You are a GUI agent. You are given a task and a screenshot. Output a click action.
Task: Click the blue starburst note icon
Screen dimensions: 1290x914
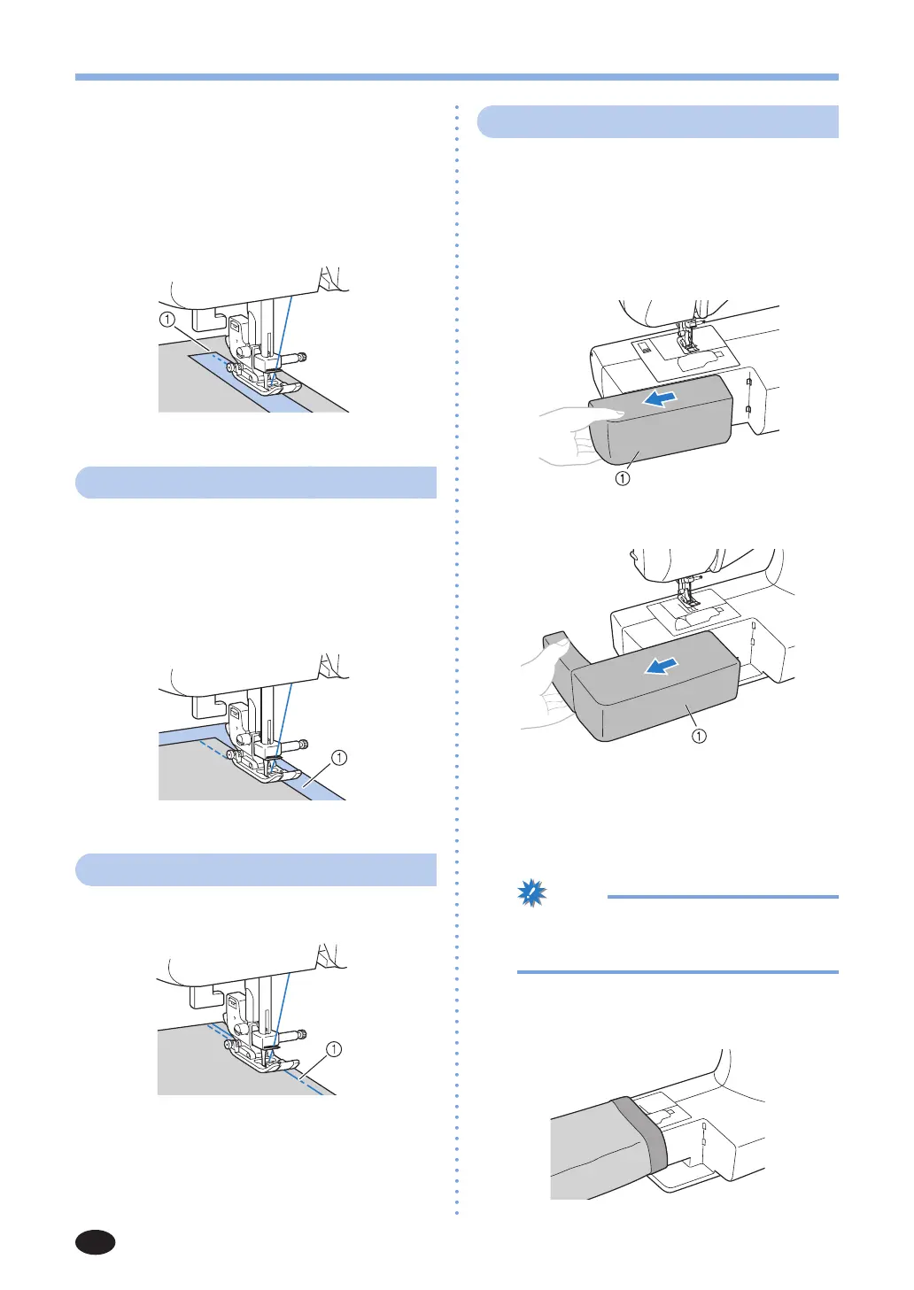point(532,894)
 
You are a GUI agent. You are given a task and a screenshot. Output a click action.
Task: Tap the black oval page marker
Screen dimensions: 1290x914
point(96,1242)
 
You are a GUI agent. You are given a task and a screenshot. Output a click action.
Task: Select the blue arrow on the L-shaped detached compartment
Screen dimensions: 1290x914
point(664,665)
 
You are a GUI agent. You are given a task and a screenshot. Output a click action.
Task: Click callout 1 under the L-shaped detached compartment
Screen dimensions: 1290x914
point(699,736)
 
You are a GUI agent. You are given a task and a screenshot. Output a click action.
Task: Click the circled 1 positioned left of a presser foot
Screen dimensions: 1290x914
point(167,320)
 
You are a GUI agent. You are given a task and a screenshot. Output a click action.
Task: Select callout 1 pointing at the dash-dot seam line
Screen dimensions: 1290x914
point(334,1049)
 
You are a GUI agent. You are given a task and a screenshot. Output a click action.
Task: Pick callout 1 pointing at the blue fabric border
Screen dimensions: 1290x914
point(338,758)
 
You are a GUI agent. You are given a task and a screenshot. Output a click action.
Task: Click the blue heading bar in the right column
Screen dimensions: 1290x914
point(658,121)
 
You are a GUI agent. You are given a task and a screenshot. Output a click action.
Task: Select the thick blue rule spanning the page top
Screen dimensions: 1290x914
point(457,77)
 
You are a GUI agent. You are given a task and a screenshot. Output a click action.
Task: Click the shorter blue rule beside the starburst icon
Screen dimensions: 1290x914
point(722,897)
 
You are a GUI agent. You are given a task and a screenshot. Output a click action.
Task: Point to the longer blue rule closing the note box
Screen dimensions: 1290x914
point(678,972)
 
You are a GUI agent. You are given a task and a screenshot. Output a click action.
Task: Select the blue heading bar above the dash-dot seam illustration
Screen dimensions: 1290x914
point(257,869)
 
